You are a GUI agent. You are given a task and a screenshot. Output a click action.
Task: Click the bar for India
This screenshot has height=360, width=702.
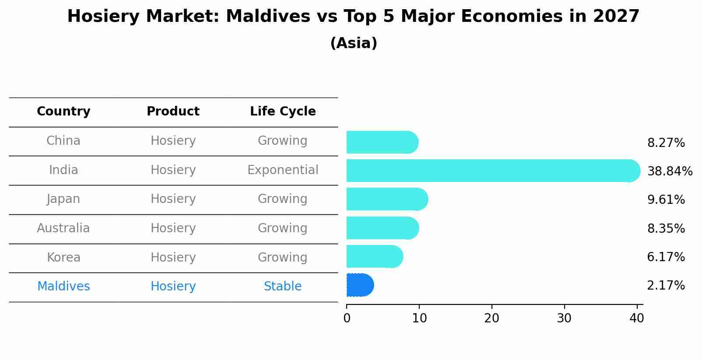[493, 171]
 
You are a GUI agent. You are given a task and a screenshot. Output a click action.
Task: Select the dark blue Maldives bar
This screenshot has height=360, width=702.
[360, 285]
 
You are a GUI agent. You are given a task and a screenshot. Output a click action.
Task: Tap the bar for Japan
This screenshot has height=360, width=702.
[387, 199]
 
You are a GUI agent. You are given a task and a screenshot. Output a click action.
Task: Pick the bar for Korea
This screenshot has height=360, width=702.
[375, 257]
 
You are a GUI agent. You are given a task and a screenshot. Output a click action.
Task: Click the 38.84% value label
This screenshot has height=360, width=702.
[670, 171]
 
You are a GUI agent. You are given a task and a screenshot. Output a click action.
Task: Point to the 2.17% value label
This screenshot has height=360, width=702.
[666, 286]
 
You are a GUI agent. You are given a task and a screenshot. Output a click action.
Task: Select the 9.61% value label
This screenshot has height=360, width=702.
[666, 199]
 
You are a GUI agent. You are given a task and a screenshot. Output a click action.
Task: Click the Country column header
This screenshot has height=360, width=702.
[63, 111]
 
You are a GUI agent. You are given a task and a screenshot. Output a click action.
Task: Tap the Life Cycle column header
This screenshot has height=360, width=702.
[283, 111]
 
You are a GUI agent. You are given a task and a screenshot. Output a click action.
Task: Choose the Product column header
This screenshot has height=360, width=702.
[173, 111]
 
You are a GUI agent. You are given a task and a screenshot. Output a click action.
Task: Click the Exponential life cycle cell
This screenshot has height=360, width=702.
[283, 170]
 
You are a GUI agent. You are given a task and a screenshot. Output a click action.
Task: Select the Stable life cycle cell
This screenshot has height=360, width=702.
[283, 286]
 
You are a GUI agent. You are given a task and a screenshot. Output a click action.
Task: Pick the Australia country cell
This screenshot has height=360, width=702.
[63, 228]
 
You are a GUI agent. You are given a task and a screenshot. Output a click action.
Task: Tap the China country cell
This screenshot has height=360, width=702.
[63, 141]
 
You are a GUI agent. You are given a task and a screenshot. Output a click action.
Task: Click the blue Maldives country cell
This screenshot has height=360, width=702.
[63, 286]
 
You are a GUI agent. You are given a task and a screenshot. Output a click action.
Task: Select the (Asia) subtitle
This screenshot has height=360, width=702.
[354, 43]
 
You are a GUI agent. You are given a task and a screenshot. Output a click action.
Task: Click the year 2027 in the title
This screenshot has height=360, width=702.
[616, 16]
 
